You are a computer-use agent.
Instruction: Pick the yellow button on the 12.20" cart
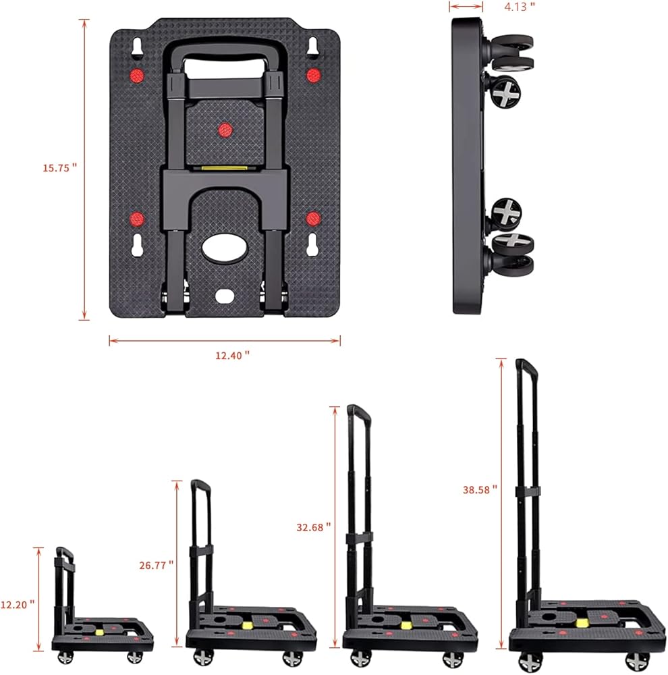(x=101, y=631)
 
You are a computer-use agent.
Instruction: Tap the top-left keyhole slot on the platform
(x=136, y=48)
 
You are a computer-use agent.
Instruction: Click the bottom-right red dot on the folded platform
(x=312, y=218)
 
